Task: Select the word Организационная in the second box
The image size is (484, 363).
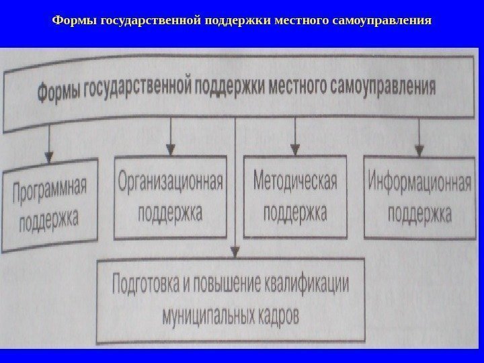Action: tap(171, 182)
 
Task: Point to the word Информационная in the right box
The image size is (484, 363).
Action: tap(419, 183)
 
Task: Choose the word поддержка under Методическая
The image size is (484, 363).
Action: tap(295, 214)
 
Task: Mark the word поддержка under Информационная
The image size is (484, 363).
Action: tap(419, 214)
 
